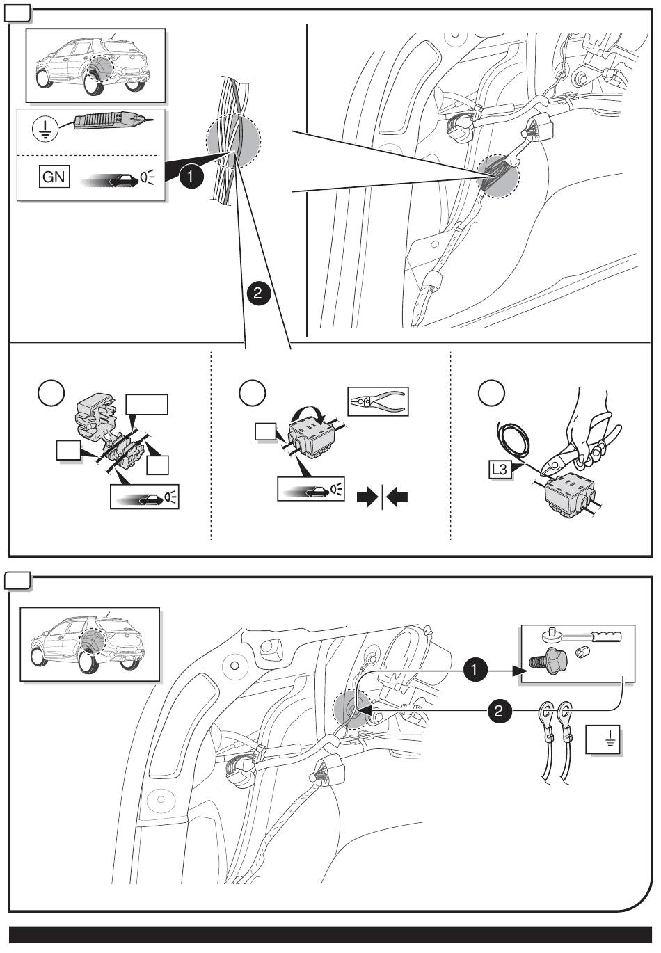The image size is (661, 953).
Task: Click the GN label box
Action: tap(54, 176)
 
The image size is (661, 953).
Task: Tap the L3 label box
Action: tap(499, 470)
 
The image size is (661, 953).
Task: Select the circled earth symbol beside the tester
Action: tap(45, 129)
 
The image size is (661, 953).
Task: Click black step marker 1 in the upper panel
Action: tap(191, 177)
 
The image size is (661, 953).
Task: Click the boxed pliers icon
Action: tap(378, 401)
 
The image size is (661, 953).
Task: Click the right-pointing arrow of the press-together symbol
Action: tap(365, 497)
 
